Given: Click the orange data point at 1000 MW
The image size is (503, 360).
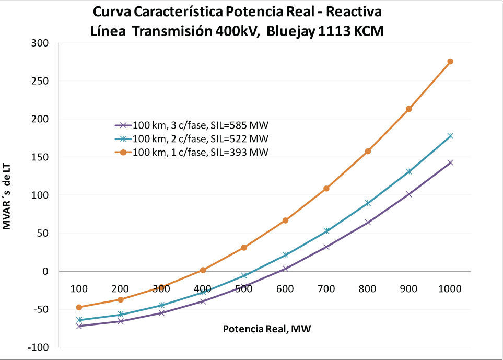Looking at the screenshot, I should click(x=450, y=62).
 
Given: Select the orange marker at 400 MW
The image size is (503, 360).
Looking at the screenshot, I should click(x=203, y=270).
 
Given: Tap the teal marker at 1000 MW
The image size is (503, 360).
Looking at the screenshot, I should click(x=450, y=136).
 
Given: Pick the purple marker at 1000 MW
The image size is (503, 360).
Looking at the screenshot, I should click(x=450, y=162).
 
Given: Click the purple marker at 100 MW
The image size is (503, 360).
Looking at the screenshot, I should click(x=79, y=326).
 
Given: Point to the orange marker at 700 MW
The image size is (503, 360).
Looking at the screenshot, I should click(x=326, y=188).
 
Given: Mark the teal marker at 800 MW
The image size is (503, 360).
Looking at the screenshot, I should click(x=368, y=203).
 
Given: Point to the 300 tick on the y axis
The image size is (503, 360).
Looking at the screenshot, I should click(x=41, y=43).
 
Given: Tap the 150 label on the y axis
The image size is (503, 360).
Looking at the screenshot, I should click(x=41, y=157).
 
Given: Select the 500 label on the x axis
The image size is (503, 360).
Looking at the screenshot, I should click(x=244, y=288).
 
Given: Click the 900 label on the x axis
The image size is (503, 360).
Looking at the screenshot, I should click(x=409, y=288).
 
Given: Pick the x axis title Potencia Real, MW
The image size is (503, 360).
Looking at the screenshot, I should click(x=267, y=329).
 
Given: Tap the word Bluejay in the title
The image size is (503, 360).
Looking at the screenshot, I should click(x=289, y=31).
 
